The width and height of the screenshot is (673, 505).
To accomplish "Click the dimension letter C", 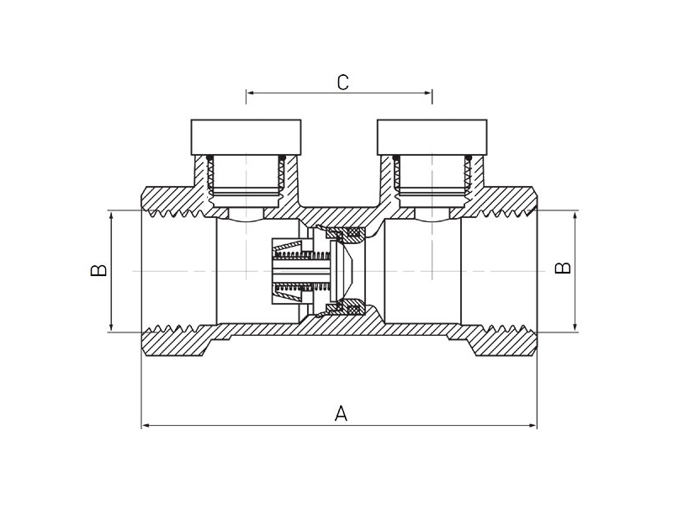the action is [x=342, y=82].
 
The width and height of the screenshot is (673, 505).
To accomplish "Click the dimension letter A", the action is [x=341, y=413].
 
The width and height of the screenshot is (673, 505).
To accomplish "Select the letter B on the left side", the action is [x=98, y=270].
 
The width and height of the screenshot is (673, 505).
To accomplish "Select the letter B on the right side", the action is [x=563, y=268].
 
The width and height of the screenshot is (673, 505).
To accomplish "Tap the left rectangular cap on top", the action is [x=246, y=137].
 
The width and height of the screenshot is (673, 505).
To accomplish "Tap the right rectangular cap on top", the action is [x=432, y=137].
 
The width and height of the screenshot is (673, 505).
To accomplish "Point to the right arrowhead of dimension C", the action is [x=427, y=93].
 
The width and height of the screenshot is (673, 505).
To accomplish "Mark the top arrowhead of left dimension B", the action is [x=112, y=215].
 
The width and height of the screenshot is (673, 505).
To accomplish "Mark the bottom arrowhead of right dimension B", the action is [x=575, y=327].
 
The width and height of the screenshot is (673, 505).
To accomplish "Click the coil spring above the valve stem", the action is [x=301, y=257].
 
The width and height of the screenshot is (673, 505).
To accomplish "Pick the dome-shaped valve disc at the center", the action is [x=342, y=270].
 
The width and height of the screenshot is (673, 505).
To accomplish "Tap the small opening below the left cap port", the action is [x=246, y=213].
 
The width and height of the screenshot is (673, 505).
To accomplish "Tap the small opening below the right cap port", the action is [x=432, y=213].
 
